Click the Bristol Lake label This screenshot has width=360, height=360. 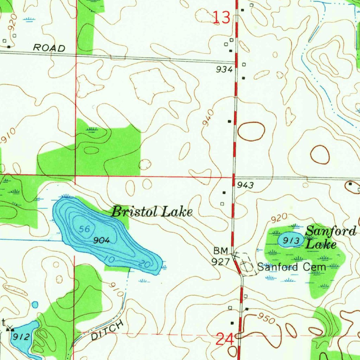coord(152,212)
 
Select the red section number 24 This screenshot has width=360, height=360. coord(224,340)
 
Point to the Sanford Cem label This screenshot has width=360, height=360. coord(292,267)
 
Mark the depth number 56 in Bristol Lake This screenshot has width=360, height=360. coord(84,229)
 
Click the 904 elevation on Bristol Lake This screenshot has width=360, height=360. coord(102,241)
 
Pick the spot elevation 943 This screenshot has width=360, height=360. coord(245,186)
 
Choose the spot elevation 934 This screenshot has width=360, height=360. coord(224,70)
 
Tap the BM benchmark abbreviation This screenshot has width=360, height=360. coord(221,251)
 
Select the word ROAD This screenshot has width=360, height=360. coord(49,48)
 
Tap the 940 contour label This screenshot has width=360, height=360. coord(208,117)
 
